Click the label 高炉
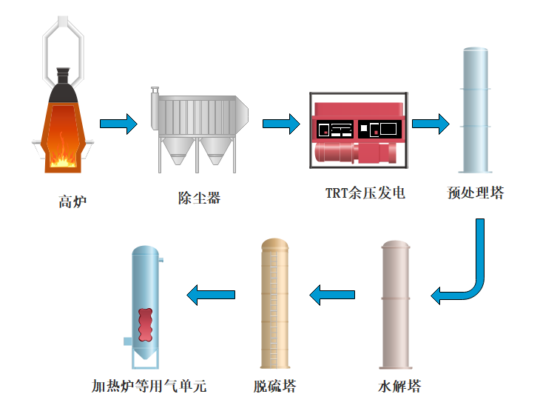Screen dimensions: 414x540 point(72,201)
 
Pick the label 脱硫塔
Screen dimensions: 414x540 point(274,386)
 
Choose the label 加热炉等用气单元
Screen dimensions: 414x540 point(149,386)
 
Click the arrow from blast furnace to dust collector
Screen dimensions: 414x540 point(118,124)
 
